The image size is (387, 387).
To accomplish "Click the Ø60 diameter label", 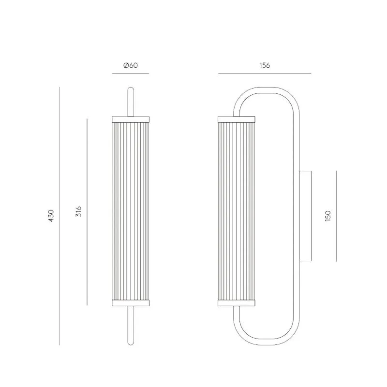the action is (x=130, y=65).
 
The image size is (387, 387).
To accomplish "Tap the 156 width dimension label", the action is (x=265, y=65).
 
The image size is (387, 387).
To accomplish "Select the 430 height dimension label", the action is (x=51, y=216).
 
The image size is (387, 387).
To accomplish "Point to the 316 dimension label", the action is (x=78, y=211).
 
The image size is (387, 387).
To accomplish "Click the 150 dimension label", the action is (x=327, y=216).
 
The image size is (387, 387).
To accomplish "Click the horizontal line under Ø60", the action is (x=131, y=74).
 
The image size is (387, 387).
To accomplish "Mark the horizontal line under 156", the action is (x=265, y=74).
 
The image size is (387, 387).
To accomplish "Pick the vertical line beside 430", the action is (x=59, y=216).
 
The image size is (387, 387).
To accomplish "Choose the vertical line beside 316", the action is (x=87, y=212).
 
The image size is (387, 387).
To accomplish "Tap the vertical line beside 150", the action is (x=336, y=216).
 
